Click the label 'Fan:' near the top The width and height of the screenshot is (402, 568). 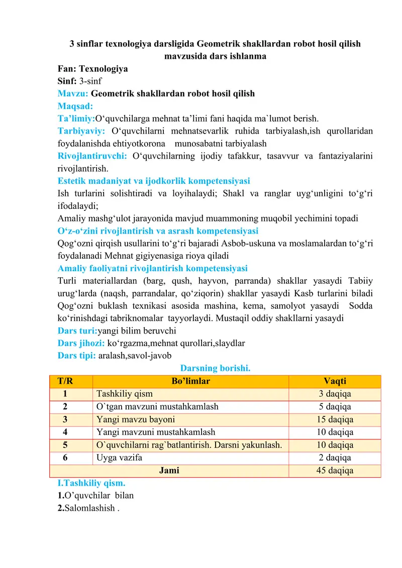pos(67,69)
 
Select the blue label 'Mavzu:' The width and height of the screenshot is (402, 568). pos(73,93)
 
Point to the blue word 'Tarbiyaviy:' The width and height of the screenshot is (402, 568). pos(80,131)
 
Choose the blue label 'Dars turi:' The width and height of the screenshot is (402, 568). pos(77,330)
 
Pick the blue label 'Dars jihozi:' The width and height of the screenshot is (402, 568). pos(81,343)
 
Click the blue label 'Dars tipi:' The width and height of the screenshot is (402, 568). pos(77,356)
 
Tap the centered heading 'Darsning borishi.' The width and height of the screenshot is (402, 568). pos(216,368)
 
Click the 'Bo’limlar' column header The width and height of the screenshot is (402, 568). pos(191,381)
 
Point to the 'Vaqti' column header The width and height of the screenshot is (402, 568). pos(335,381)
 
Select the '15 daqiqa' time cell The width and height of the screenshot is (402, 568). pos(335,419)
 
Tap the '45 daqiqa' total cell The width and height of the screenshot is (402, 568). pos(335,471)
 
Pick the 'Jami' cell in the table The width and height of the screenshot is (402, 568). pos(169,471)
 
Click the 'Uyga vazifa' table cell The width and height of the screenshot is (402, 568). pos(119,458)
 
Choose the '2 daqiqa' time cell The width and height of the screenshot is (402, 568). pos(335,458)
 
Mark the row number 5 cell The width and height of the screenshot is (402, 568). pos(65,445)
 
